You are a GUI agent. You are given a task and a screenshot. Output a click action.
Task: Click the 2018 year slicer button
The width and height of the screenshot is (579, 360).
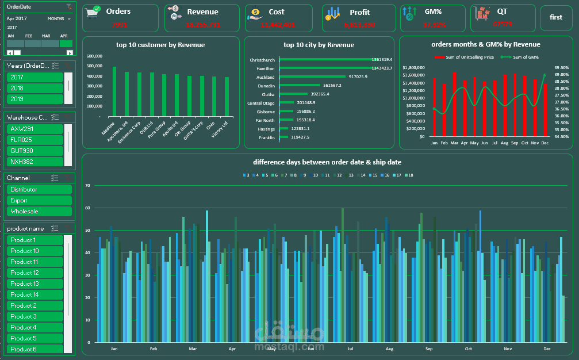point(34,88)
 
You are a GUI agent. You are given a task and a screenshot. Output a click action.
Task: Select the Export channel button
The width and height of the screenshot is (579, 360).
point(39,201)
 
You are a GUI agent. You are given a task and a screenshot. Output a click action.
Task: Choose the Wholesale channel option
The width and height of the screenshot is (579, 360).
point(39,212)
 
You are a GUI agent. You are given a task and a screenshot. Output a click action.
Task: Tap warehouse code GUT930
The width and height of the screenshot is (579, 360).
point(34,151)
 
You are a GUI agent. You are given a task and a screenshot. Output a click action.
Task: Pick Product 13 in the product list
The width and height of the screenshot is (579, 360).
point(34,284)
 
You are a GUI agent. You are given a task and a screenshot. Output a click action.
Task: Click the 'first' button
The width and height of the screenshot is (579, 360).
point(555,17)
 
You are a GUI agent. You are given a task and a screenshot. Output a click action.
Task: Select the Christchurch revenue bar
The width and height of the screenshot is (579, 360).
point(325,60)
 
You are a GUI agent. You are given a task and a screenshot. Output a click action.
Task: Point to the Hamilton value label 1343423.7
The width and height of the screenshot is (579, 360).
point(382,68)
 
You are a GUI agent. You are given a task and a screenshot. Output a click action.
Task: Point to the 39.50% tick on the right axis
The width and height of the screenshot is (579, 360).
point(561,67)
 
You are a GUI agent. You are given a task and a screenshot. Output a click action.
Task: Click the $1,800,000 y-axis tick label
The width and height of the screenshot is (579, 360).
point(413,67)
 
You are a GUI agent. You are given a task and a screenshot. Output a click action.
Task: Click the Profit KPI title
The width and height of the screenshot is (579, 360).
point(360,12)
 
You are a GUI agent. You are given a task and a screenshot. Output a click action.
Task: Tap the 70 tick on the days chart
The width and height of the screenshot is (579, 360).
point(87,186)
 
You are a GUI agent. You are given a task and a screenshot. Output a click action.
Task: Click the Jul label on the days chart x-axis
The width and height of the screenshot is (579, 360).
point(350,349)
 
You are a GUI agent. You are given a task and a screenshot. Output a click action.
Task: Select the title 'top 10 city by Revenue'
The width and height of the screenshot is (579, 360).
point(319,45)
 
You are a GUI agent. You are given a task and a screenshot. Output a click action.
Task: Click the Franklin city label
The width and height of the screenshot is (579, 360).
point(266,137)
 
